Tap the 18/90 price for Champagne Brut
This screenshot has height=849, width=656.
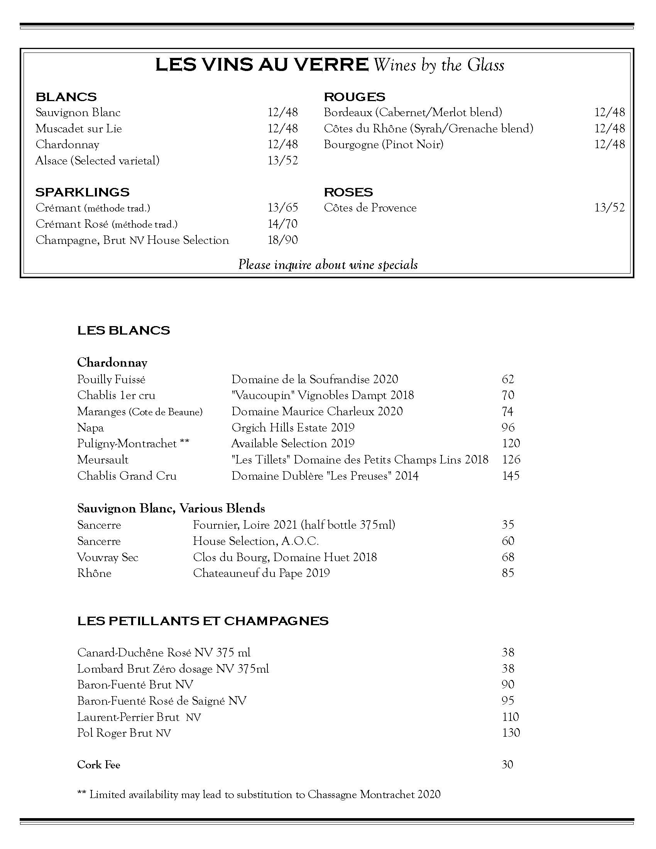click(282, 240)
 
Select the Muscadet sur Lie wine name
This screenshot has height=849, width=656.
click(78, 128)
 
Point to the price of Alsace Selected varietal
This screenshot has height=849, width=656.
click(282, 160)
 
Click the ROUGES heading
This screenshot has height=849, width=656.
click(354, 97)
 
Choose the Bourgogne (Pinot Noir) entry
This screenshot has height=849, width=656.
click(384, 144)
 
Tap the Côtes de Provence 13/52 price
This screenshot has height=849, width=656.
click(609, 208)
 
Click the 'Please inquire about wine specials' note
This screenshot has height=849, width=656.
click(328, 265)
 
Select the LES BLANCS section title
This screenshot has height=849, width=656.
click(123, 330)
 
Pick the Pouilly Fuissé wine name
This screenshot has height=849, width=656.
click(111, 379)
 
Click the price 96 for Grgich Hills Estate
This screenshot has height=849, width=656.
click(508, 427)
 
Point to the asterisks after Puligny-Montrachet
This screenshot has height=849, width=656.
click(184, 443)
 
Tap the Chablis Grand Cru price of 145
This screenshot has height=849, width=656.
click(511, 475)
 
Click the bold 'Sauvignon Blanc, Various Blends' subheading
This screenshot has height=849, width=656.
click(171, 508)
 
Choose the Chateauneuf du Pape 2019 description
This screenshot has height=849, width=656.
click(261, 573)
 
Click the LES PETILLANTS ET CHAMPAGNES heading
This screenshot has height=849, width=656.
click(203, 621)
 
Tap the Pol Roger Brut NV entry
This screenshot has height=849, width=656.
click(124, 733)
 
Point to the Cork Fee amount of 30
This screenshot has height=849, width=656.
click(507, 764)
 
